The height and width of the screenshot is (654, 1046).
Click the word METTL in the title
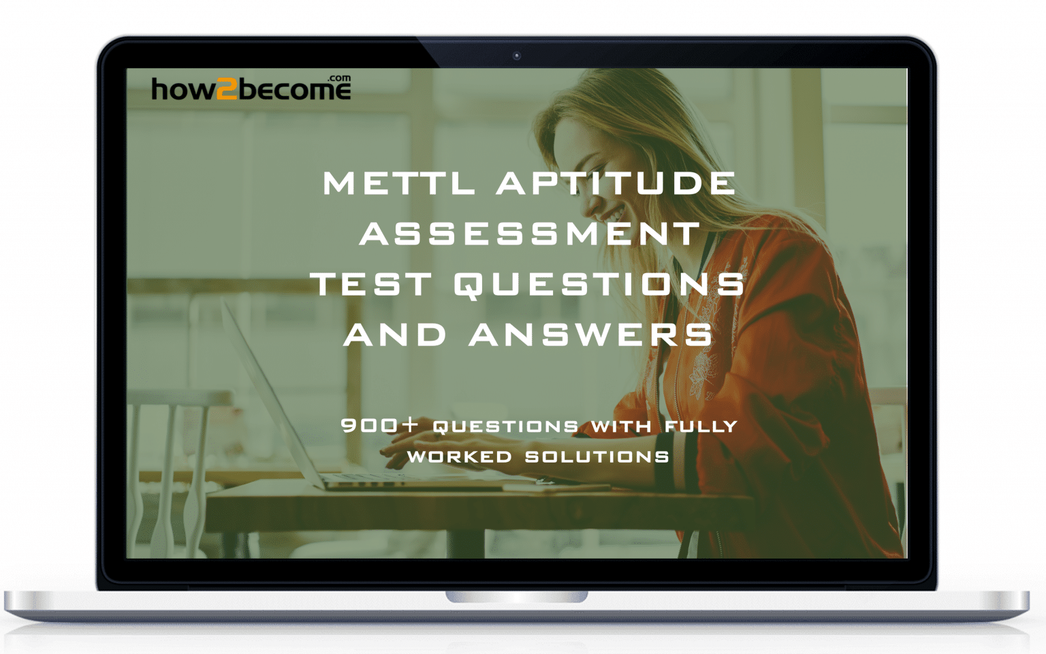click(x=398, y=183)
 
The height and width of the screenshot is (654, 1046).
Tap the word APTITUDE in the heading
click(x=616, y=183)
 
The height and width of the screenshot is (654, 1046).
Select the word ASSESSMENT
click(x=530, y=234)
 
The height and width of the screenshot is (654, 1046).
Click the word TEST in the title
click(x=372, y=284)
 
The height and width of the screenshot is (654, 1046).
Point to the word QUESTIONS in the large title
click(x=599, y=284)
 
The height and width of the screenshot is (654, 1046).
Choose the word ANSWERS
click(x=591, y=334)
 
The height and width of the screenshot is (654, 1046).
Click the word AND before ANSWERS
click(x=395, y=334)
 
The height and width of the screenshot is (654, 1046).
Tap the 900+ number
click(x=379, y=426)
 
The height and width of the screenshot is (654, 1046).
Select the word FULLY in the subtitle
click(x=701, y=426)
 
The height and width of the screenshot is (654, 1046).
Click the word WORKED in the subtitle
click(x=459, y=456)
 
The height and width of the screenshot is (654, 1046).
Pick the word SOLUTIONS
click(x=597, y=456)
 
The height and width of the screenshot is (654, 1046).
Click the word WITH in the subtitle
click(x=621, y=426)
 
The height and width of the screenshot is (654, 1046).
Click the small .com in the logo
click(x=339, y=78)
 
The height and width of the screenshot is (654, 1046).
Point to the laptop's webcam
click(x=517, y=56)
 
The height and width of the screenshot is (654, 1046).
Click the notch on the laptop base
click(x=517, y=597)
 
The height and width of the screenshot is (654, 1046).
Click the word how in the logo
click(x=183, y=90)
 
